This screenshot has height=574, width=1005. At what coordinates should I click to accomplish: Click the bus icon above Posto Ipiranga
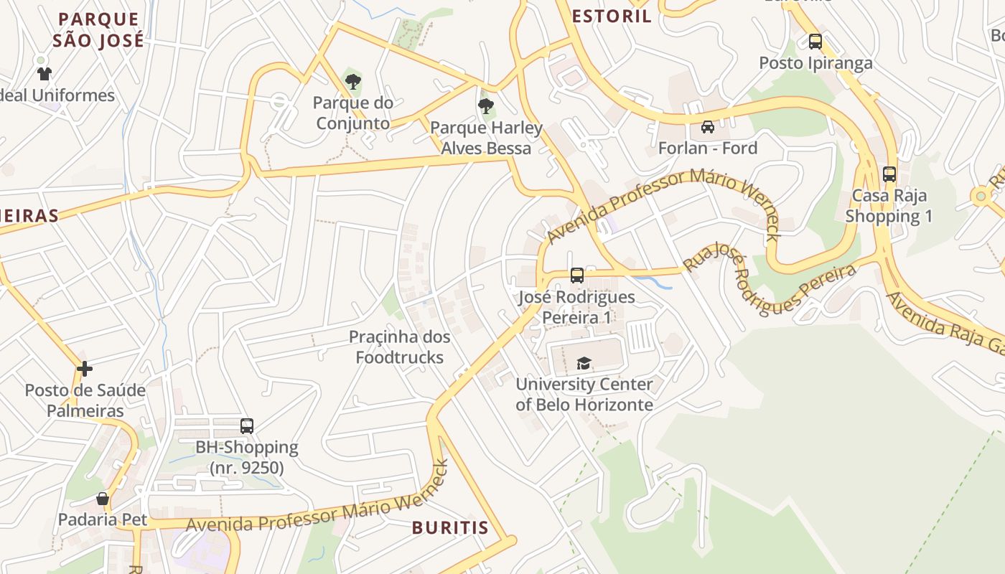click(x=815, y=42)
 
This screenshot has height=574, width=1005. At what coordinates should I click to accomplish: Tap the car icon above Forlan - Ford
click(x=708, y=127)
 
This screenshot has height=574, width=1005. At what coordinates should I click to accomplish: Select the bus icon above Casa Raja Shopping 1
click(x=889, y=174)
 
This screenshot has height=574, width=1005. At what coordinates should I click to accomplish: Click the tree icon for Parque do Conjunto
click(x=352, y=82)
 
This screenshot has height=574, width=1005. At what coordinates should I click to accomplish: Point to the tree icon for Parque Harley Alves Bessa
click(x=486, y=107)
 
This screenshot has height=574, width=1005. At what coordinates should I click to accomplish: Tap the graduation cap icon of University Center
click(x=584, y=363)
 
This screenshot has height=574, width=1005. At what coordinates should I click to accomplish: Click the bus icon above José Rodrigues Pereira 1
click(x=576, y=275)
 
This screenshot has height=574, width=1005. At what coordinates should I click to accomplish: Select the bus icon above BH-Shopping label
click(x=247, y=425)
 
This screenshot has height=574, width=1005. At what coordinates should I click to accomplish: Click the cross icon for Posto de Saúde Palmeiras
click(x=85, y=369)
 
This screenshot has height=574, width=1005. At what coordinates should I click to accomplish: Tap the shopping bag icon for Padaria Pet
click(x=103, y=499)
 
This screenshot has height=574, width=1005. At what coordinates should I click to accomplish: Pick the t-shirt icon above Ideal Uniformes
click(x=45, y=73)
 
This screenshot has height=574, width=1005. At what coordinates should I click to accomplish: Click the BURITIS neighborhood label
click(x=450, y=528)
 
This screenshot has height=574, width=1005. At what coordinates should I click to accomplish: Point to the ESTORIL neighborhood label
click(x=612, y=17)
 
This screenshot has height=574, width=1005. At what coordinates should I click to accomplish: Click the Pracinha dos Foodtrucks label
click(x=400, y=347)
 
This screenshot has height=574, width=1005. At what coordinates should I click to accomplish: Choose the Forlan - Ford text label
click(x=708, y=149)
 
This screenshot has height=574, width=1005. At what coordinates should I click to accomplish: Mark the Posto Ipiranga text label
click(x=816, y=63)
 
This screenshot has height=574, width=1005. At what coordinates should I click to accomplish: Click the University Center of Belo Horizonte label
click(x=584, y=394)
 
